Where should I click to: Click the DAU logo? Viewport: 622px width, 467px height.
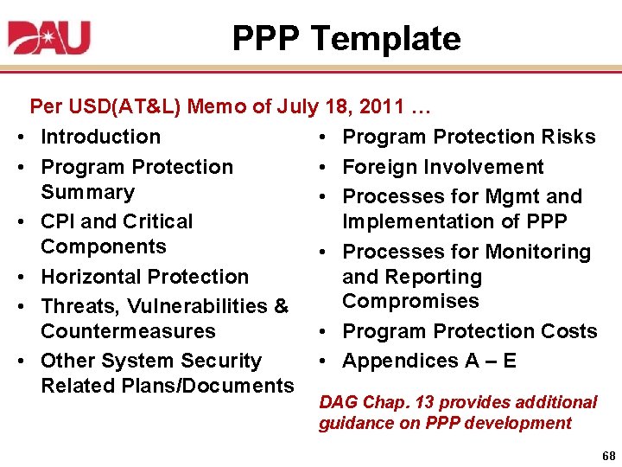coord(48,38)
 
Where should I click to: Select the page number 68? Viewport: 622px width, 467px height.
coord(607,455)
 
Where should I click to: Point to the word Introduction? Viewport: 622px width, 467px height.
coord(100,137)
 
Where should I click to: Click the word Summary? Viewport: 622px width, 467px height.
coord(87,192)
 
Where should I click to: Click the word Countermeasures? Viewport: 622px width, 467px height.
coord(128,331)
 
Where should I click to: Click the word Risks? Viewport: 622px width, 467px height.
coord(568,137)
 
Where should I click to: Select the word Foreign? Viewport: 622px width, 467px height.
coord(378,167)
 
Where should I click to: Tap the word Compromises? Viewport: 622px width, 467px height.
coord(410,301)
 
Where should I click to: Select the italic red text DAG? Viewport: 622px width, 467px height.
coord(338,402)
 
